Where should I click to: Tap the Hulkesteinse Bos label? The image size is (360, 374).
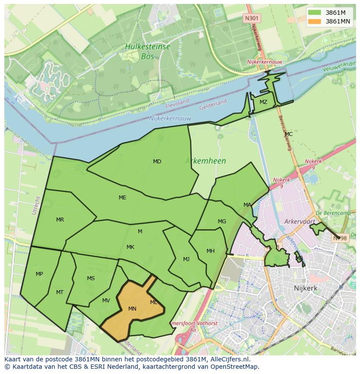[x=147, y=51]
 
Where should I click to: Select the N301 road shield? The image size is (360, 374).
[x=251, y=18]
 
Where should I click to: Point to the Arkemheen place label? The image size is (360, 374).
[x=205, y=161]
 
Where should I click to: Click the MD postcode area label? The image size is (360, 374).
[x=157, y=162]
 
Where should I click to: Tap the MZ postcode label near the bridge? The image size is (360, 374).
[x=263, y=102]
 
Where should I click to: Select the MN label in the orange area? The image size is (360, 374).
[x=133, y=309]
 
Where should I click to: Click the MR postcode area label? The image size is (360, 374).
[x=60, y=220]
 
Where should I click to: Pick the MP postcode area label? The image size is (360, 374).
[x=39, y=274]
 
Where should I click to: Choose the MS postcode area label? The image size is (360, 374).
[x=90, y=278]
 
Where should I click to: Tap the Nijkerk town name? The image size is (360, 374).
[x=305, y=288]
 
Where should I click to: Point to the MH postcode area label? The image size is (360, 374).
[x=210, y=251]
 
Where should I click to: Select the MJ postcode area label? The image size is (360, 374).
[x=186, y=259]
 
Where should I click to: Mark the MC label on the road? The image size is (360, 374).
[x=289, y=134]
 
